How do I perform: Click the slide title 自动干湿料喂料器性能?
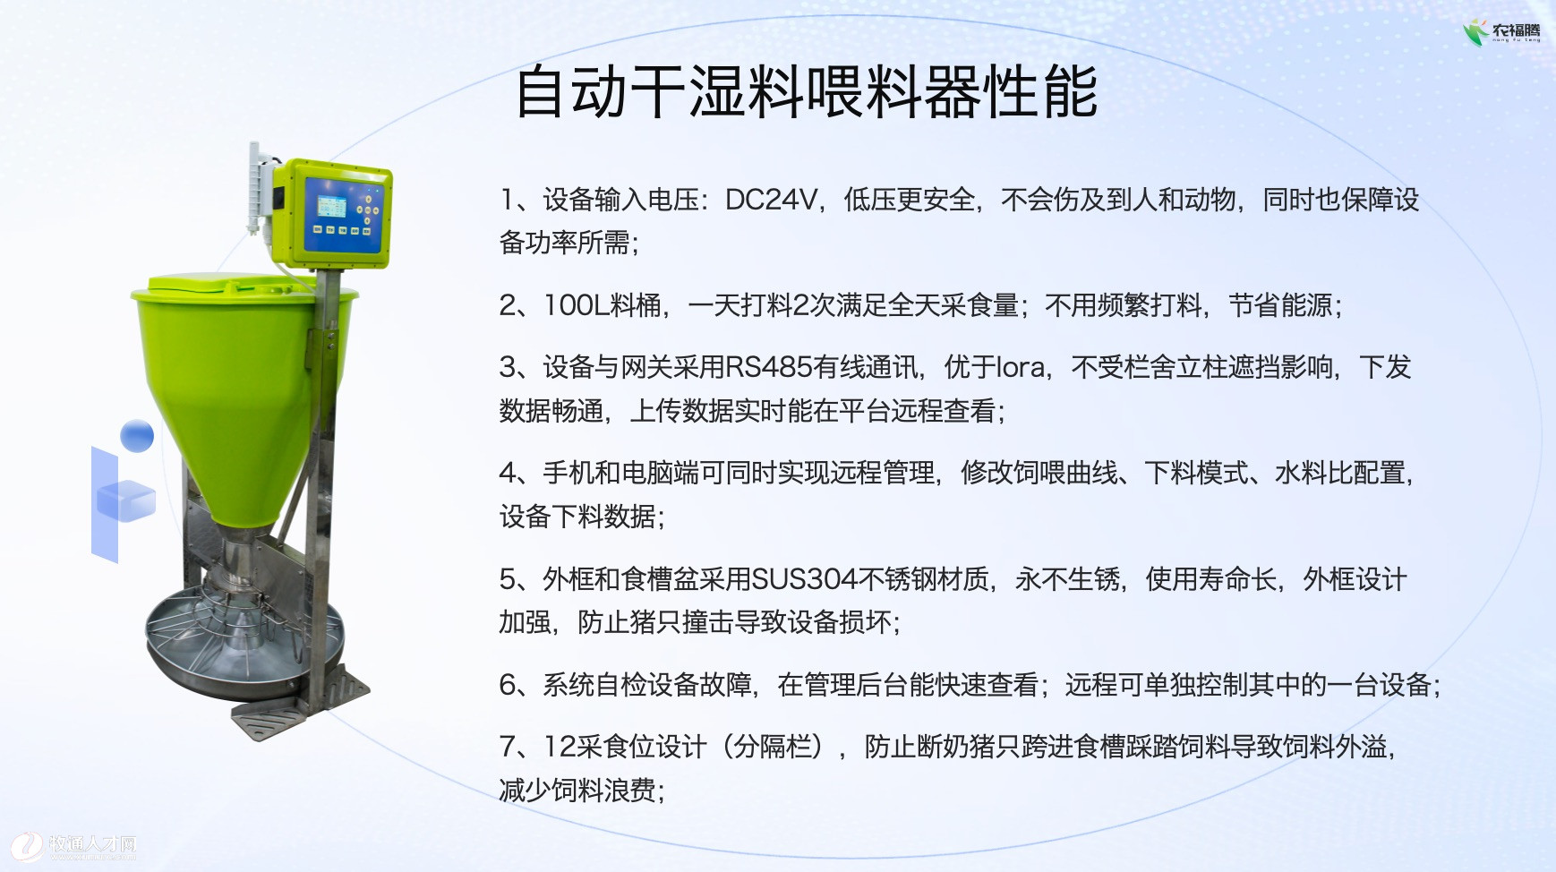pyautogui.click(x=807, y=92)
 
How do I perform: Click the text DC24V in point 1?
pyautogui.click(x=771, y=200)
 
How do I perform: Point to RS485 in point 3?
pyautogui.click(x=769, y=367)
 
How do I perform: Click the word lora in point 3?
pyautogui.click(x=1020, y=367)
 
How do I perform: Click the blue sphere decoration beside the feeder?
pyautogui.click(x=137, y=436)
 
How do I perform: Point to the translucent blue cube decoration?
pyautogui.click(x=126, y=500)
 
